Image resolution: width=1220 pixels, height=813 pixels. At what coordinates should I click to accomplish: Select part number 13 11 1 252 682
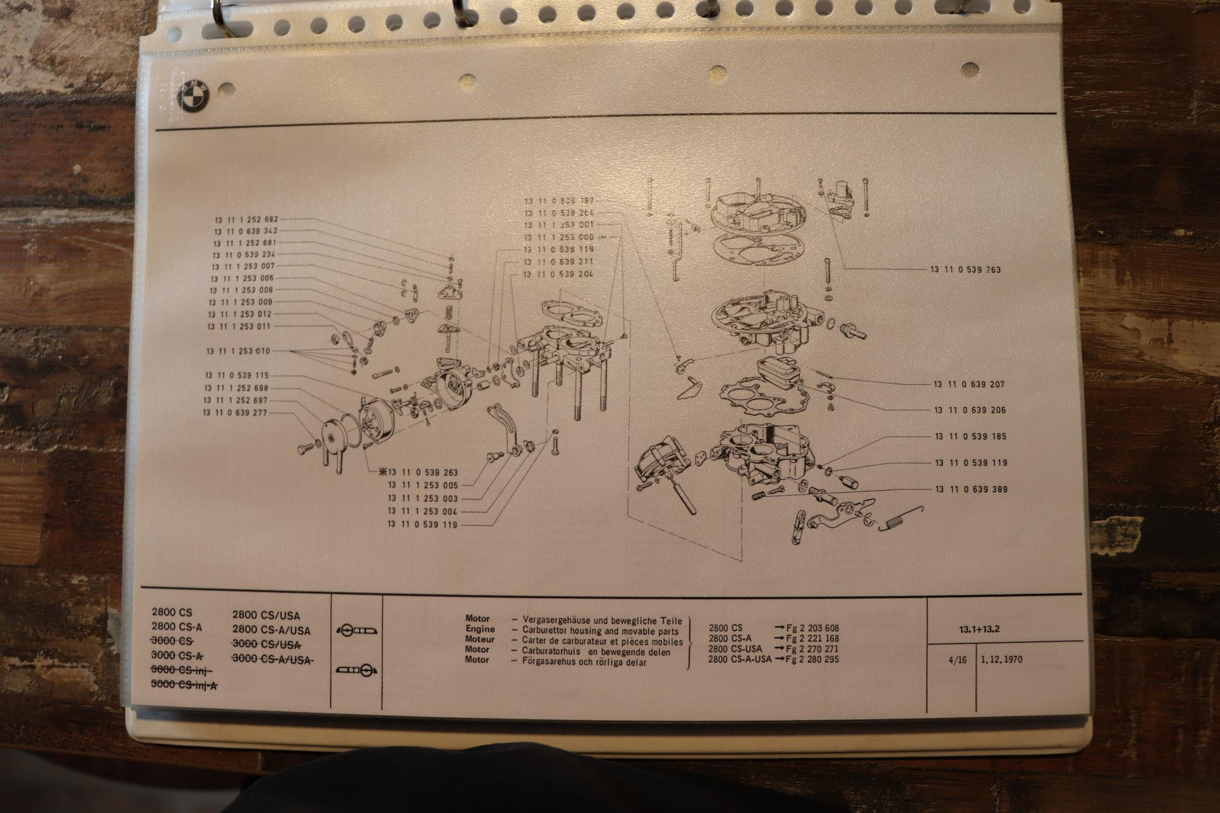[247, 219]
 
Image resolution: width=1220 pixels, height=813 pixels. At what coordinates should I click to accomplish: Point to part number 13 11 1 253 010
[238, 351]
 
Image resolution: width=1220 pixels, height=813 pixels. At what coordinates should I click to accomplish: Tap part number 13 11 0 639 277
[235, 413]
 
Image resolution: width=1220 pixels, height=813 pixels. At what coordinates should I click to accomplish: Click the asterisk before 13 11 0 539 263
[382, 472]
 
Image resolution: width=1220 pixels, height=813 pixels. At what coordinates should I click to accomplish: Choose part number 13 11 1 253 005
[423, 485]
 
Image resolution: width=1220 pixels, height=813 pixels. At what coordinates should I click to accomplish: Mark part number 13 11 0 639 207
[969, 384]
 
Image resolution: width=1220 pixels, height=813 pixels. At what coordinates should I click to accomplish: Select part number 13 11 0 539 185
[970, 436]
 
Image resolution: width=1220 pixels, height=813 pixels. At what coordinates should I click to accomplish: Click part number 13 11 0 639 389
[971, 489]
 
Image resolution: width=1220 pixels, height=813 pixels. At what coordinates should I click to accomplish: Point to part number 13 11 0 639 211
[559, 262]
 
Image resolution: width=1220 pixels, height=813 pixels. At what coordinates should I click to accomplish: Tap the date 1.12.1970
[1001, 659]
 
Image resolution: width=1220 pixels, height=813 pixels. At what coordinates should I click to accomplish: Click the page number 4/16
[957, 660]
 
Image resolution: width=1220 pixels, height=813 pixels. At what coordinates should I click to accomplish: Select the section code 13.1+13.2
[979, 630]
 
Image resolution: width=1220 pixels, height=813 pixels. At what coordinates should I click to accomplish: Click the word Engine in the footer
[480, 629]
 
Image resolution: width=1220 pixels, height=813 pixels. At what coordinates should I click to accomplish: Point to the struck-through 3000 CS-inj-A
[184, 685]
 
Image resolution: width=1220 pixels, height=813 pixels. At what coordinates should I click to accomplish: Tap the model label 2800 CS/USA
[266, 615]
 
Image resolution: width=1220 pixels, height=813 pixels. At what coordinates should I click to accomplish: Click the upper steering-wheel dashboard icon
[356, 631]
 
